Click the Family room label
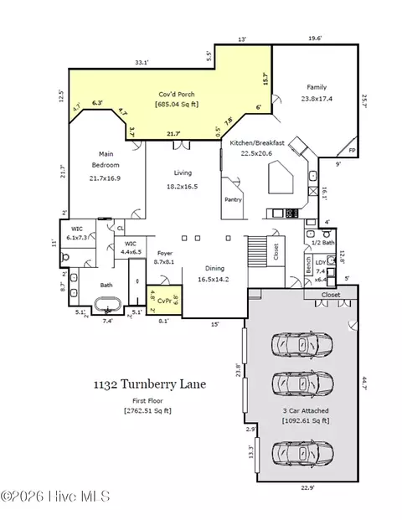[x=317, y=87]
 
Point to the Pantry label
[x=233, y=200]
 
